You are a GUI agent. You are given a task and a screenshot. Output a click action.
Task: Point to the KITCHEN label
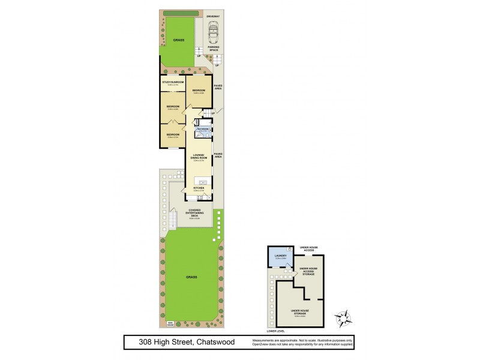tap(199, 188)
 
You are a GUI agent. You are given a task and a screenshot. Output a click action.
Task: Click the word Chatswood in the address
tap(215, 343)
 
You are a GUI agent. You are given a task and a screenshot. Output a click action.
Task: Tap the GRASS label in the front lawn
tap(178, 40)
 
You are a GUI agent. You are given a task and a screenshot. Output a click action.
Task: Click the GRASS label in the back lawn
tap(191, 277)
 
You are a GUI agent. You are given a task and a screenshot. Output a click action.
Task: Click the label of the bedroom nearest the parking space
tap(199, 91)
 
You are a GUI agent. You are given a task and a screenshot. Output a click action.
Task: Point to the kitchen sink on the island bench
tap(203, 181)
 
